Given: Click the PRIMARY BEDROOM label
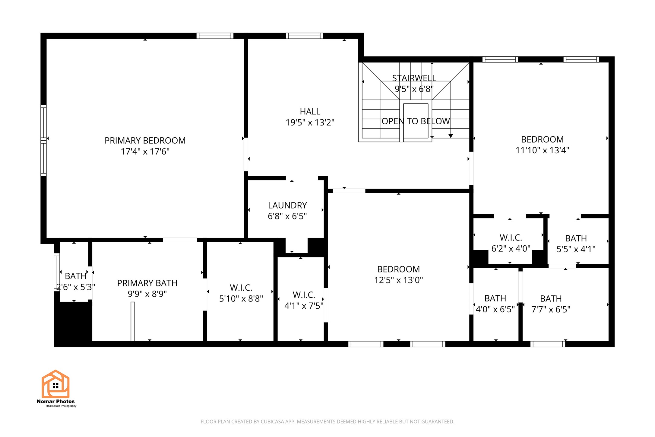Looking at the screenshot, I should [x=145, y=141].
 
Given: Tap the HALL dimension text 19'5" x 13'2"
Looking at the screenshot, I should [x=310, y=123].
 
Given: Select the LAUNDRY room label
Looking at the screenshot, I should [x=287, y=205].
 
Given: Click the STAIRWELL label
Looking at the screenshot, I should [x=414, y=78].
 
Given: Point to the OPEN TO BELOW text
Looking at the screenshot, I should [x=416, y=121].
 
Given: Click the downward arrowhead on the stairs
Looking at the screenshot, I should [x=451, y=136].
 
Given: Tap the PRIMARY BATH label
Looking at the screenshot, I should [x=147, y=283].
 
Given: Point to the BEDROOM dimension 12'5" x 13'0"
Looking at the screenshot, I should [x=398, y=280].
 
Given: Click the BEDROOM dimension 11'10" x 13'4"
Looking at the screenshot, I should [x=542, y=150].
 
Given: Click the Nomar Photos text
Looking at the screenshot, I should [x=55, y=401].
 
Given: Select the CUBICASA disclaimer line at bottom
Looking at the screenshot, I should [x=327, y=422].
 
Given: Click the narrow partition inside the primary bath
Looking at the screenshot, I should [x=133, y=321].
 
